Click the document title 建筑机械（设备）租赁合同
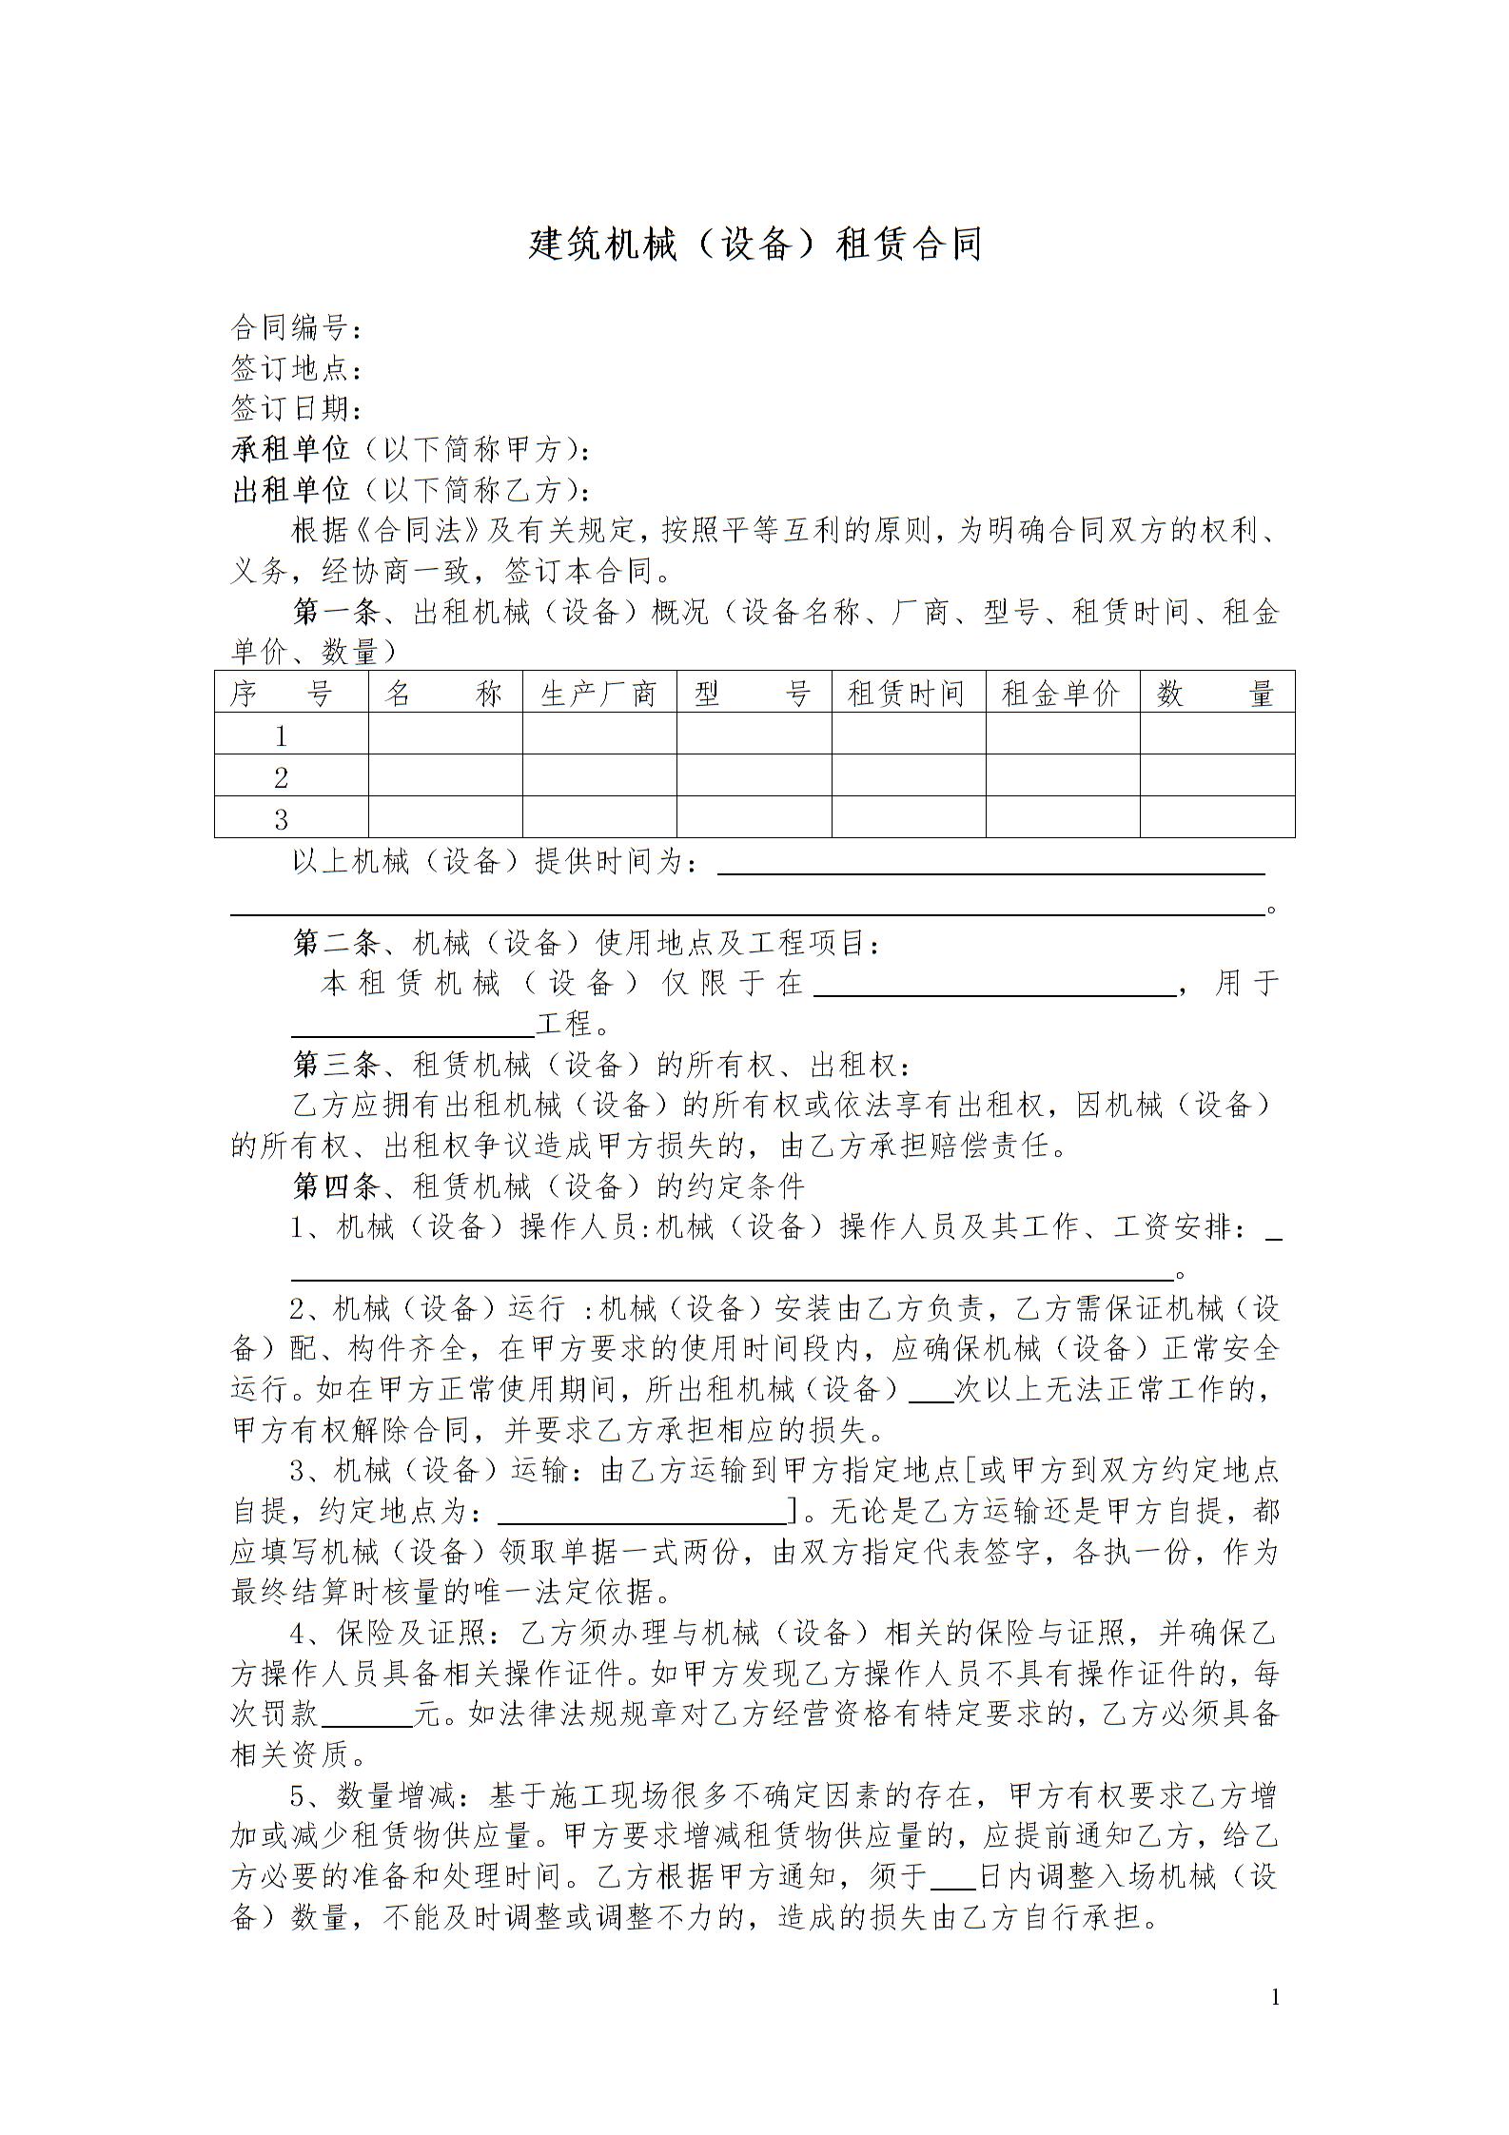[754, 245]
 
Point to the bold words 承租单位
[291, 449]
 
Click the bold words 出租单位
[291, 490]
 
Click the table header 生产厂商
[598, 694]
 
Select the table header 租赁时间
[908, 694]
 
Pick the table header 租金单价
[1062, 694]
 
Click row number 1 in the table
[281, 735]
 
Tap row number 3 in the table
[281, 818]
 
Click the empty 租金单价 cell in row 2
[1062, 776]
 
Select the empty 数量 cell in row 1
[1217, 735]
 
